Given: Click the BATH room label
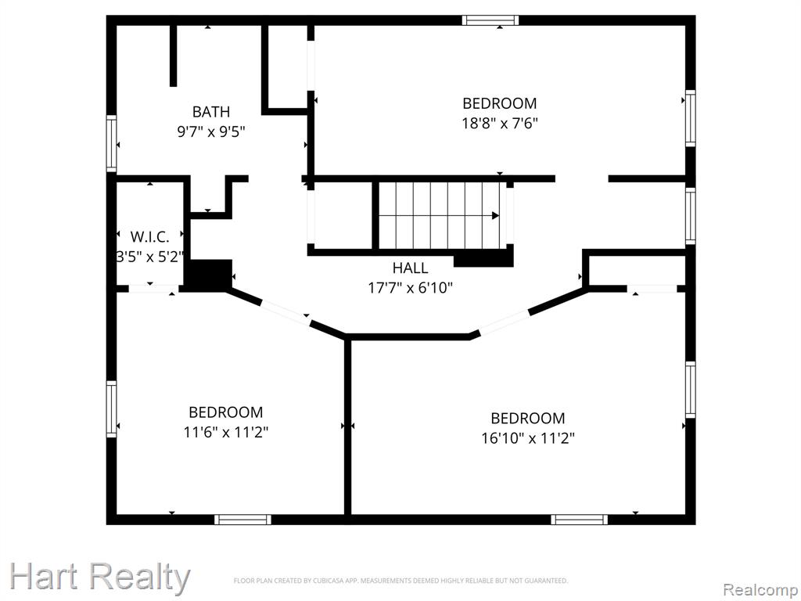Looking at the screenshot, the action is [211, 111].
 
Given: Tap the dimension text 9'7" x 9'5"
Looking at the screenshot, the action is [211, 131].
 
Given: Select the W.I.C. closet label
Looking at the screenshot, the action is [149, 236].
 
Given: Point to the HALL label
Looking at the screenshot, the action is [410, 268].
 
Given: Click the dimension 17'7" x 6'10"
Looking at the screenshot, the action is [410, 288].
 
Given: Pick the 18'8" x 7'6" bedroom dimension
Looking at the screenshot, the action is [500, 124].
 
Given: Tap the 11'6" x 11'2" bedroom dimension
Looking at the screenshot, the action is [226, 432].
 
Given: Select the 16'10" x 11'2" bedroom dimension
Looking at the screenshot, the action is [528, 438].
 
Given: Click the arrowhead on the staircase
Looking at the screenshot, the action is [495, 216].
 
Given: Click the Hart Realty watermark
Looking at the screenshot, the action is [99, 578].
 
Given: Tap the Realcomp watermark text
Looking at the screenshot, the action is [760, 589].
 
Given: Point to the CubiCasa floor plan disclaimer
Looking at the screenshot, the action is [400, 581].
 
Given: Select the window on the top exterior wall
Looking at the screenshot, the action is [490, 20].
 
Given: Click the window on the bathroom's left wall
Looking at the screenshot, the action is [111, 144].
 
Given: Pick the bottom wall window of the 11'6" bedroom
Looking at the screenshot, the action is [242, 520].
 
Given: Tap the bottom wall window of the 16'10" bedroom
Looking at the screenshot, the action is [580, 520].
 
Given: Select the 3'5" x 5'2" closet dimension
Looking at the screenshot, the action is [149, 257].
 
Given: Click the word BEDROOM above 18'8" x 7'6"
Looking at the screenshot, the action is [500, 103].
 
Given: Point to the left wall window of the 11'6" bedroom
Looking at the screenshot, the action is [111, 408].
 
